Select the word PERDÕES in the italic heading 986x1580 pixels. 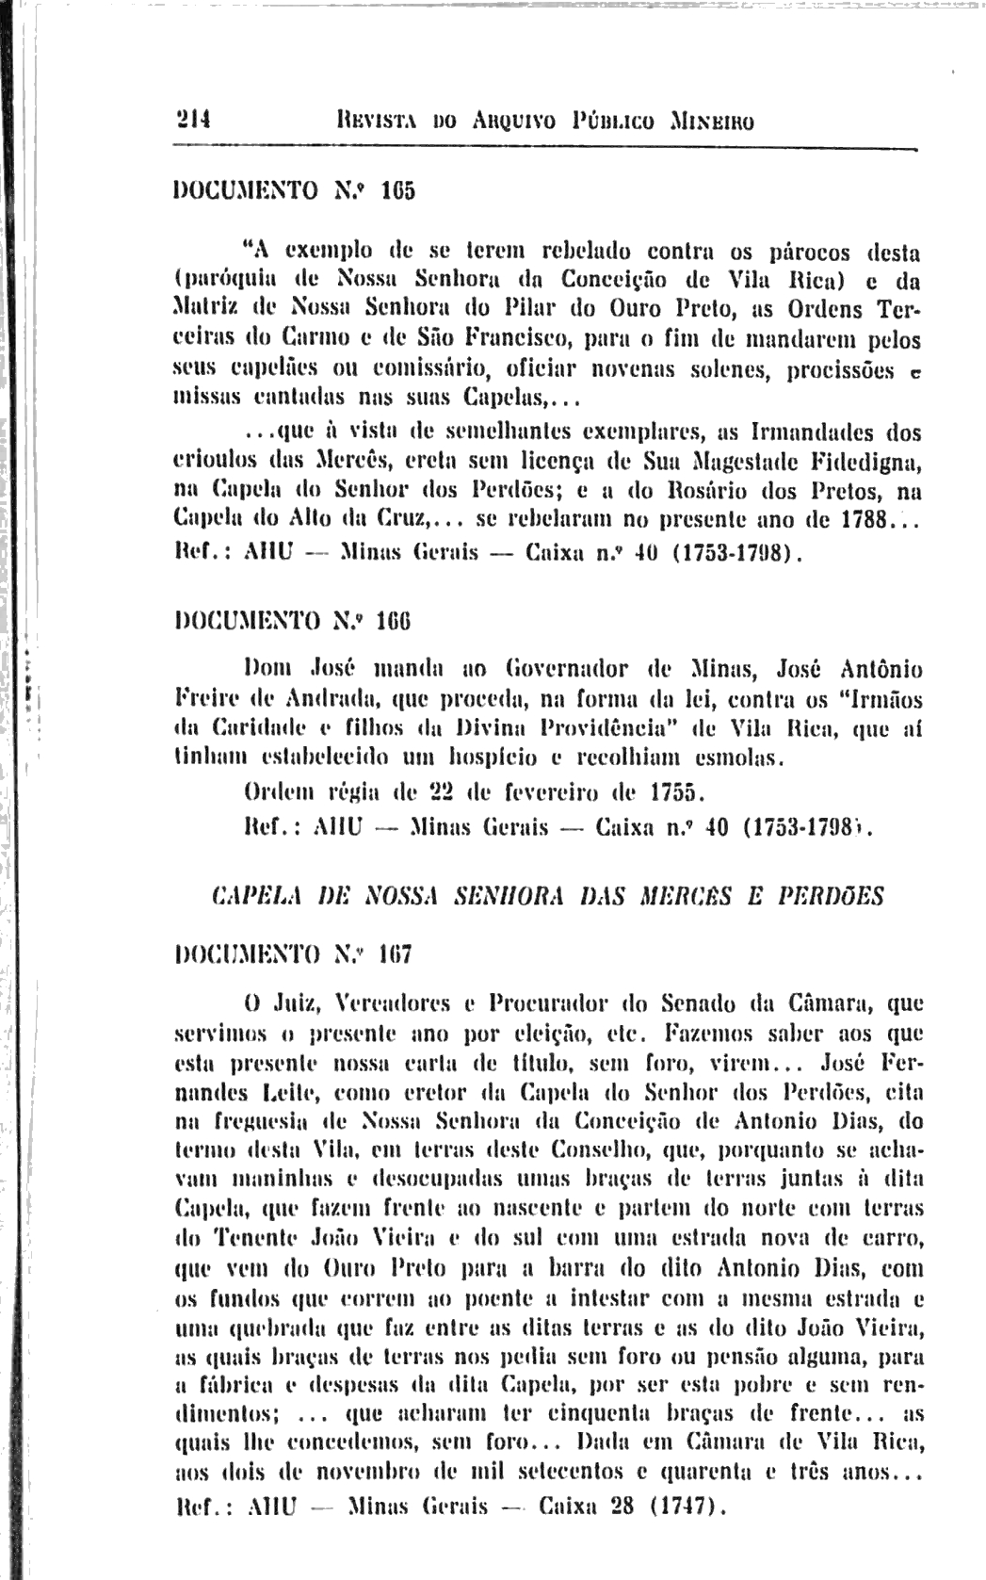838,897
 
